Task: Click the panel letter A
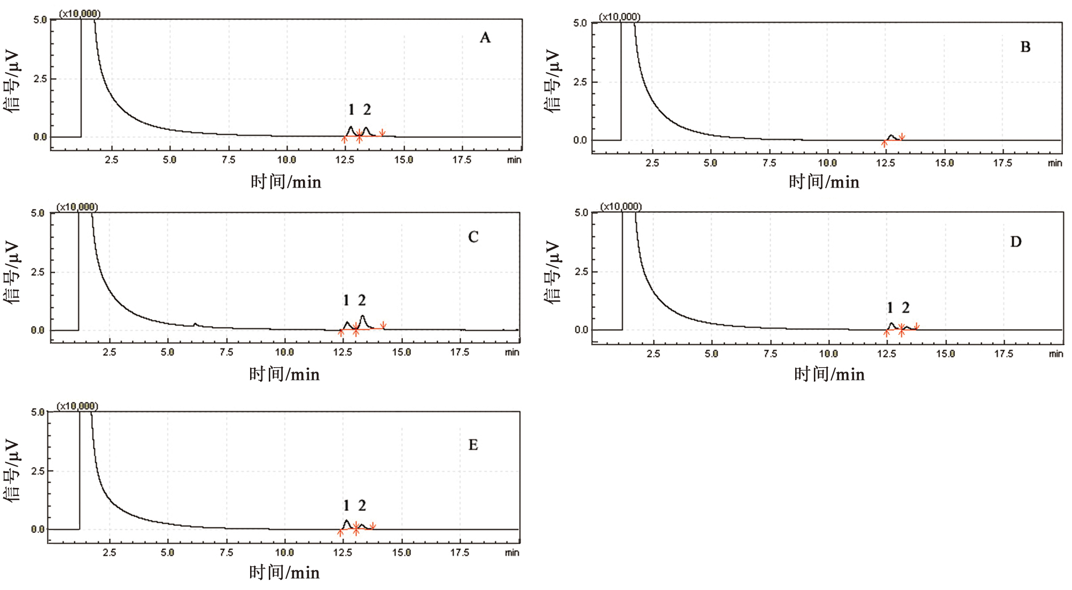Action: pos(485,37)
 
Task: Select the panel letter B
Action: pos(1025,47)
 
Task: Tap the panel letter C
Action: pos(473,237)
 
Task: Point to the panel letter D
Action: pos(1015,242)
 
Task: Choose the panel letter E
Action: pos(473,445)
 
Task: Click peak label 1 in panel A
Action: pos(351,110)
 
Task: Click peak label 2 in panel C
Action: pos(362,300)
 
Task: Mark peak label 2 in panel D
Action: pos(905,308)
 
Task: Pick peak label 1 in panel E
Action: pos(346,506)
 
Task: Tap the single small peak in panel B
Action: pos(891,136)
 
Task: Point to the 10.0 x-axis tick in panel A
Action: pos(286,160)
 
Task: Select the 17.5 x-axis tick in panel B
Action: pos(1003,163)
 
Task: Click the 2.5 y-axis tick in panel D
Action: pos(581,271)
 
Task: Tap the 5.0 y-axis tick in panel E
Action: pos(37,412)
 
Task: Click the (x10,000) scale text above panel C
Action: pos(77,207)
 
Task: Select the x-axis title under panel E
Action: pos(284,572)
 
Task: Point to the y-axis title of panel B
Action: pos(553,81)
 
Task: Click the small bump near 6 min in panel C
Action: pos(196,324)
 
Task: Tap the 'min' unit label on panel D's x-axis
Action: pos(1056,354)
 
